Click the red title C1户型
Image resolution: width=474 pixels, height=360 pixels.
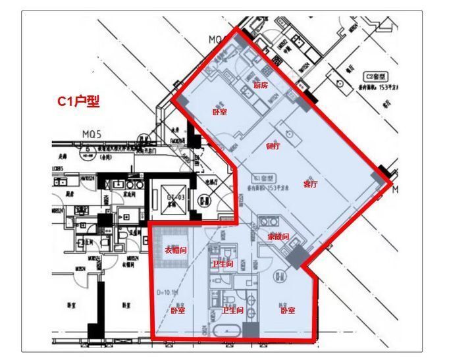click(78, 102)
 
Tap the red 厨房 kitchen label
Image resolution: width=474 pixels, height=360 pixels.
click(261, 86)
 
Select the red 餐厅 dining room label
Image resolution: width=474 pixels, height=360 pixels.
click(273, 146)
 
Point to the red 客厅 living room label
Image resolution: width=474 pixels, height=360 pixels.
click(310, 184)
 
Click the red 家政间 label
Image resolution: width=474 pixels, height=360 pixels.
click(278, 236)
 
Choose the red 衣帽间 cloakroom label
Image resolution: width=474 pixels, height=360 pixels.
click(176, 251)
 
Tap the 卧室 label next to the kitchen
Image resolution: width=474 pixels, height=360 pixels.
click(220, 112)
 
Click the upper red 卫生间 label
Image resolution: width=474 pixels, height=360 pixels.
click(222, 264)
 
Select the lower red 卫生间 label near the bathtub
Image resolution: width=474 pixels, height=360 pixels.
click(232, 310)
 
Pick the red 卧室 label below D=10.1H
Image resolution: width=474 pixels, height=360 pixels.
click(178, 310)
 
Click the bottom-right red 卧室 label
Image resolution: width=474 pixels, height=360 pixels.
click(287, 310)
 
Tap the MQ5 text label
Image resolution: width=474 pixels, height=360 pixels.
click(92, 135)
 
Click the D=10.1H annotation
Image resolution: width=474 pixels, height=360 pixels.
click(169, 292)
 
